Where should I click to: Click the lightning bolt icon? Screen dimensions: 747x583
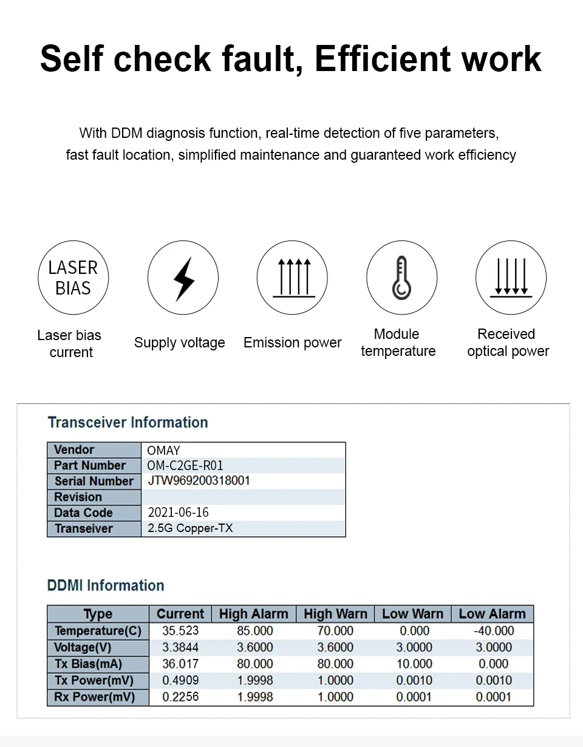183,278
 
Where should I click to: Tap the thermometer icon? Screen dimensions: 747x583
401,278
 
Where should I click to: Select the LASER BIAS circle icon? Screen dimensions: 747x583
73,278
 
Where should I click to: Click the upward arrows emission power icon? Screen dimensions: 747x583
292,278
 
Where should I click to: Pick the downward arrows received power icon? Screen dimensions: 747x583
511,278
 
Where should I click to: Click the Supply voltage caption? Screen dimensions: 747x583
179,343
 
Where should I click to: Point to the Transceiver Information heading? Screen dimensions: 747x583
128,423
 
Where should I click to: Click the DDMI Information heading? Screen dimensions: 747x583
106,585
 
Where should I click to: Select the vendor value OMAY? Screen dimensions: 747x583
163,451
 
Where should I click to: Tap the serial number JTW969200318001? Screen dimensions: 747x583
199,481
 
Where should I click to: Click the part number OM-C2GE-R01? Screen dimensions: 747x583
185,466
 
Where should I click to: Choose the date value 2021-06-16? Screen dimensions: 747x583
178,513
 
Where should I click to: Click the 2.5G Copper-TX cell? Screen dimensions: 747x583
190,528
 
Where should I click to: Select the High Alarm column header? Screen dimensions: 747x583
253,614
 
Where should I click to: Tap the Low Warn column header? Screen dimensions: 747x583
412,614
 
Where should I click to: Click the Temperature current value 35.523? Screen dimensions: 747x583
180,631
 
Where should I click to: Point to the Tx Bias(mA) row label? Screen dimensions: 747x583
88,664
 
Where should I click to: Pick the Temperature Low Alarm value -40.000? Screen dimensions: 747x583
493,631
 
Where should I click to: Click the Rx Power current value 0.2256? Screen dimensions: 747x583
180,697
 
